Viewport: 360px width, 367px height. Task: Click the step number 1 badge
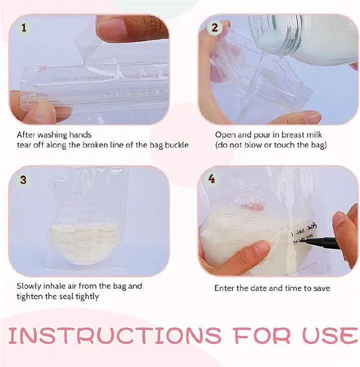pyautogui.click(x=23, y=27)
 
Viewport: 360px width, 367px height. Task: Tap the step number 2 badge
pyautogui.click(x=215, y=27)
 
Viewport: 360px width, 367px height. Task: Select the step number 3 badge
pyautogui.click(x=23, y=179)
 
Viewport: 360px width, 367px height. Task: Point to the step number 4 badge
pyautogui.click(x=211, y=178)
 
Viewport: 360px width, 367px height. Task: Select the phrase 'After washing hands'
pyautogui.click(x=54, y=134)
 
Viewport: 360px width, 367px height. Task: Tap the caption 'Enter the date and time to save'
pyautogui.click(x=272, y=288)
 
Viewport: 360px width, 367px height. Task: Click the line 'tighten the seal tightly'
pyautogui.click(x=57, y=296)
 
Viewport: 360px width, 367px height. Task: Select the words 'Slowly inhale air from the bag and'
pyautogui.click(x=79, y=286)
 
